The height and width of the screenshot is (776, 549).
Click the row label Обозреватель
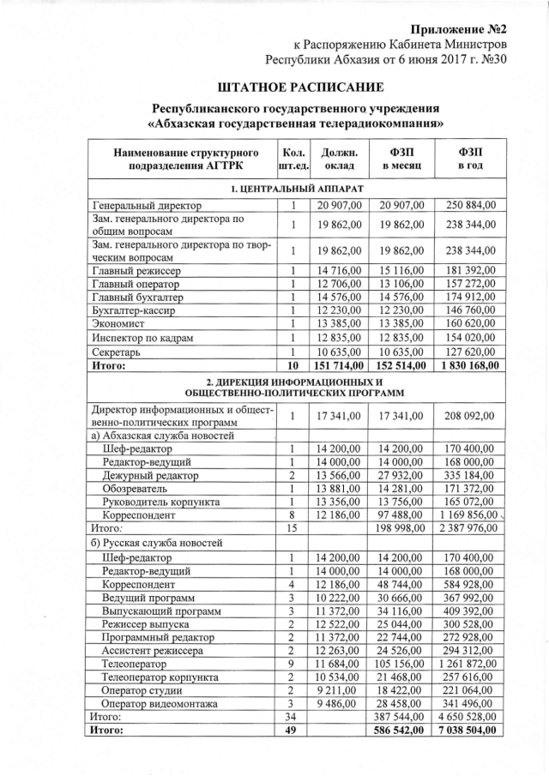point(137,489)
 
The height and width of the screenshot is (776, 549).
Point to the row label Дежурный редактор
point(150,475)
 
